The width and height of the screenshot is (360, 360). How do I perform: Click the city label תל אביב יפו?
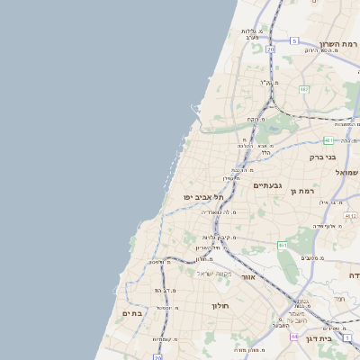(x=202, y=195)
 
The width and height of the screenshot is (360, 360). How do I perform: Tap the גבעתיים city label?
(x=268, y=185)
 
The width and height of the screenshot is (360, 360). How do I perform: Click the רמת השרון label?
(x=338, y=42)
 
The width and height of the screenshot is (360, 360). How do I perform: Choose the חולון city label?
(x=222, y=306)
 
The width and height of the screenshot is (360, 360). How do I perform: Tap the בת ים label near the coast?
(x=132, y=313)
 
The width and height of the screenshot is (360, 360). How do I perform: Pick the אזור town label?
(x=248, y=277)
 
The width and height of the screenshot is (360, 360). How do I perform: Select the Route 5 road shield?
(x=293, y=40)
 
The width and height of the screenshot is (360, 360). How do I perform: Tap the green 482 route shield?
(x=303, y=89)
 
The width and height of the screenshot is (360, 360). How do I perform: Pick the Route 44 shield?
(x=293, y=337)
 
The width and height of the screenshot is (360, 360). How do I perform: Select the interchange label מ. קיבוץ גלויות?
(x=220, y=238)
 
